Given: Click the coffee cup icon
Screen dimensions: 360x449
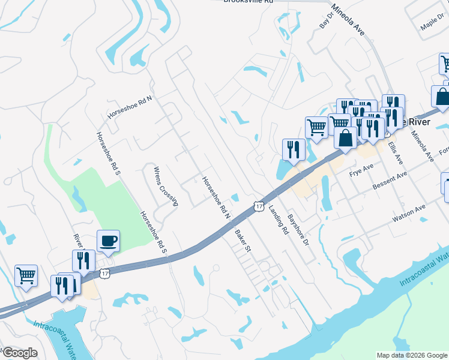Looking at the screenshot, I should coord(108,241).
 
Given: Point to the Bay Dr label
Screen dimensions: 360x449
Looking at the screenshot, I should coord(326,22).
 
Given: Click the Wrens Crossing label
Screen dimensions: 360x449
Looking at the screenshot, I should coord(166,186).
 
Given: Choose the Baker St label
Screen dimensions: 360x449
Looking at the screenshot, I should coord(243,239).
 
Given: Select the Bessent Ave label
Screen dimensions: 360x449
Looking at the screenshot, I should coord(389,180).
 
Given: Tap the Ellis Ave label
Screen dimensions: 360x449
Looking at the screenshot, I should coord(395,153).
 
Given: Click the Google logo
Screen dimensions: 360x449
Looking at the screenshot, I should coord(19,353).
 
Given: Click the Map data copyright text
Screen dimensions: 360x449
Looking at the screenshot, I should coord(412,355).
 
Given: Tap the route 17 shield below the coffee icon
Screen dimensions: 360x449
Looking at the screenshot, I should coord(105,274).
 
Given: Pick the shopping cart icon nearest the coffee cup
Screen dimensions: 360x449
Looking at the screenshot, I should coord(26,276).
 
